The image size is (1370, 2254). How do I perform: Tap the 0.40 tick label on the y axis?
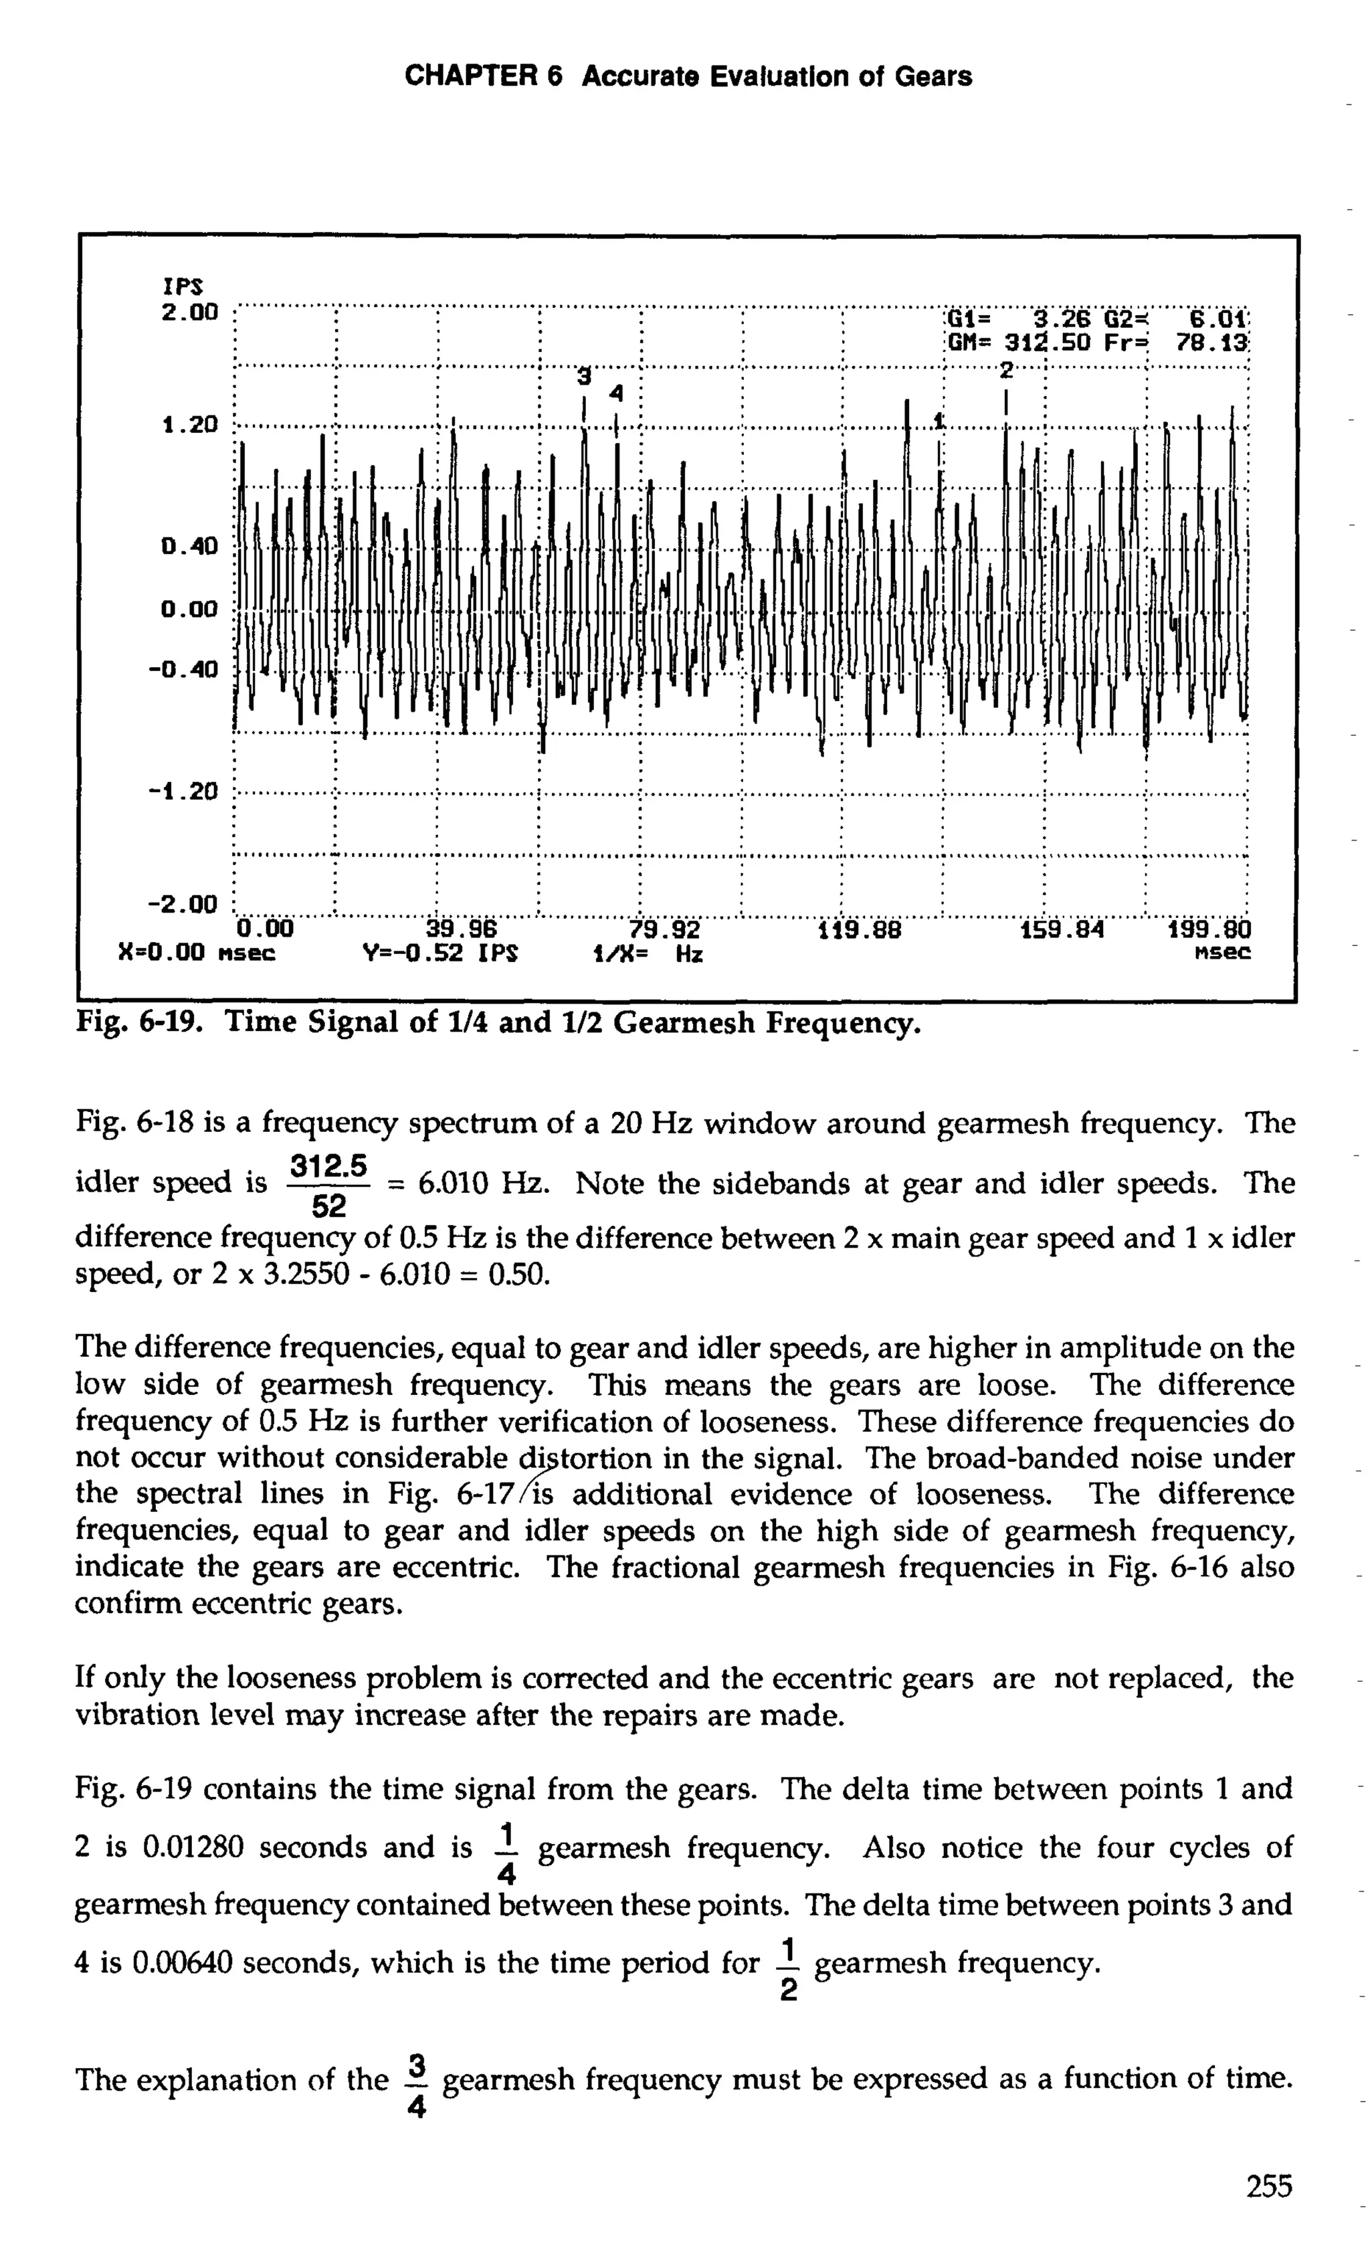coord(190,547)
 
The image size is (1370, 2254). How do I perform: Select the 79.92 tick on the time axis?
coord(664,931)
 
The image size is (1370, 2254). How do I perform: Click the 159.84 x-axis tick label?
coord(1061,931)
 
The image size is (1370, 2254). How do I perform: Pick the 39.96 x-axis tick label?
coord(461,931)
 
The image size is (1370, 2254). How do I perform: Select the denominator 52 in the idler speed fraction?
coord(328,1208)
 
